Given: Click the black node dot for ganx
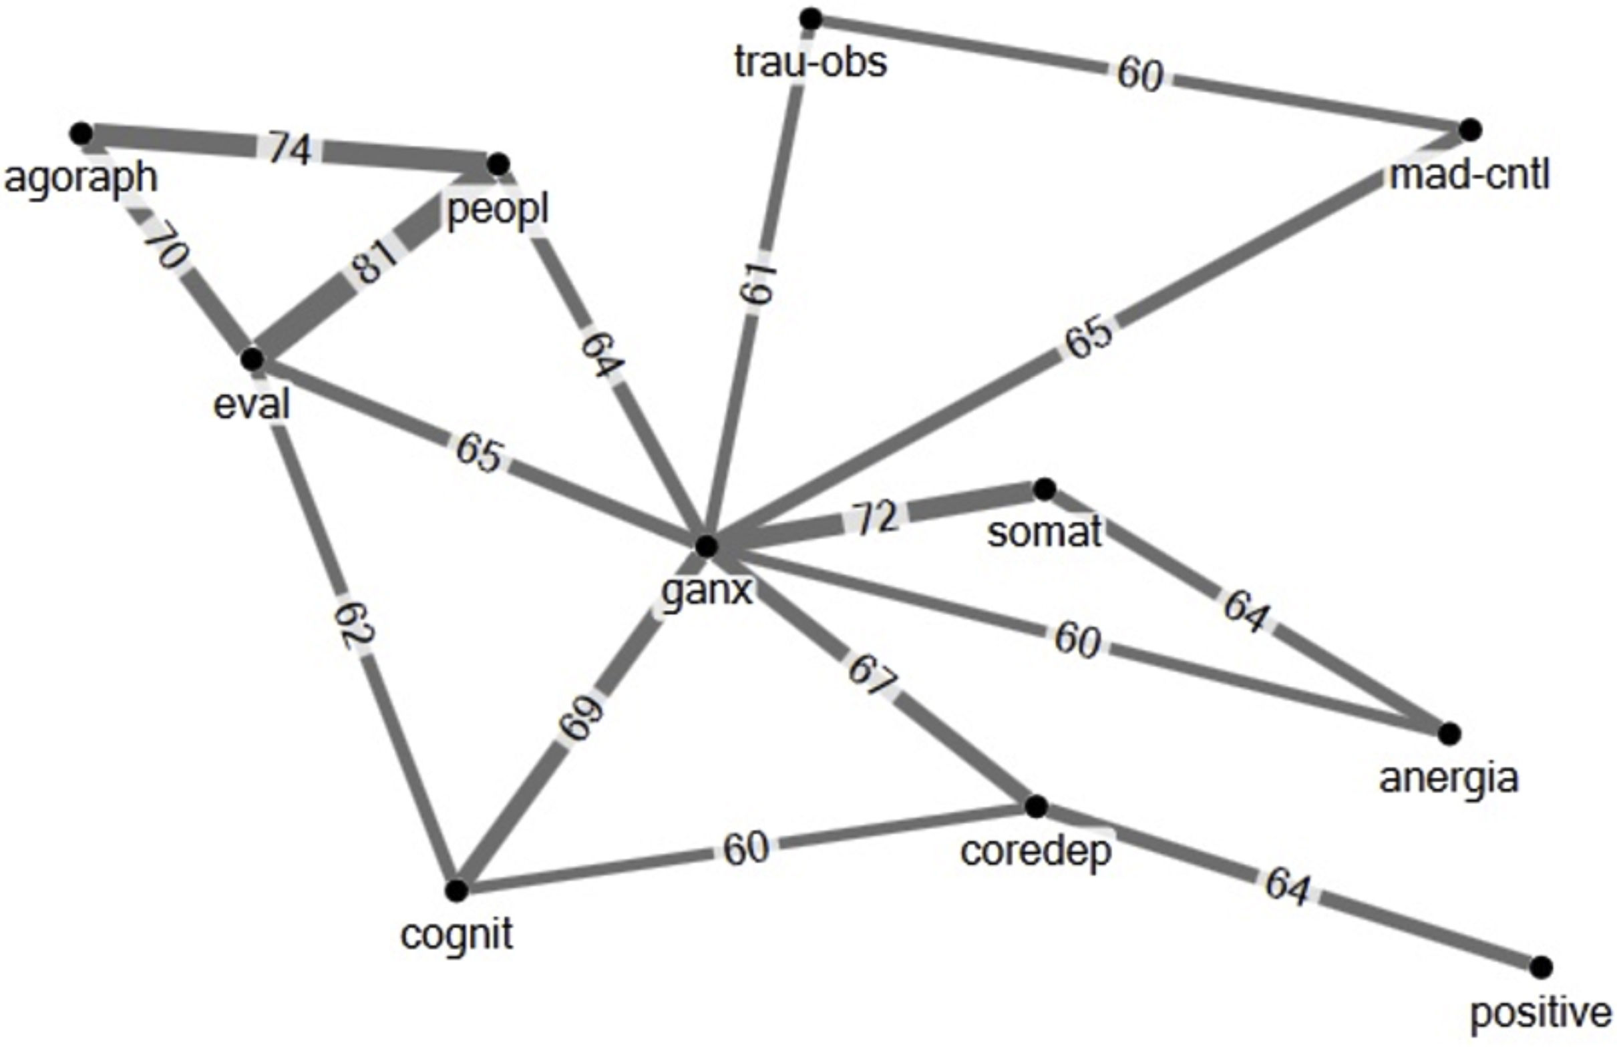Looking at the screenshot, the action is coord(707,546).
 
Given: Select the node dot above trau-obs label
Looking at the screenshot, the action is coord(811,19).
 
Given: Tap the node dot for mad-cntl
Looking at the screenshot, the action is coord(1470,129).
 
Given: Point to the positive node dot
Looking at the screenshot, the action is coord(1542,966).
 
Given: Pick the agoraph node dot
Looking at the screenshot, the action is coord(81,133).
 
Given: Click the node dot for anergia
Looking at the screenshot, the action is coord(1449,734).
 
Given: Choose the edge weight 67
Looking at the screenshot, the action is coord(872,674).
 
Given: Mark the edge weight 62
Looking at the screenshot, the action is coord(354,624).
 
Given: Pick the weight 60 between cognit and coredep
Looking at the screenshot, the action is coord(745,849).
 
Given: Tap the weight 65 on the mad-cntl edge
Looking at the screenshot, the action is coord(1088,337).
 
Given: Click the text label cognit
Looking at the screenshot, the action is coord(457,935).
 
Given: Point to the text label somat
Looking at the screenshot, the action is coord(1044,532).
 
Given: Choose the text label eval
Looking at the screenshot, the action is coord(251,405).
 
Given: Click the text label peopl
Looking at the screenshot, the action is coord(498,210).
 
